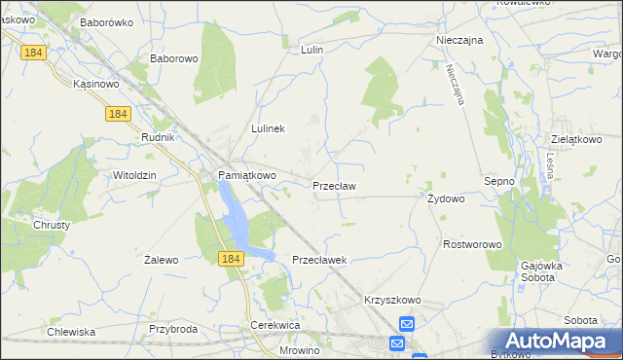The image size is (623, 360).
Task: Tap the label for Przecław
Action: (334, 185)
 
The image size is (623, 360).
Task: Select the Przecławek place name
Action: (320, 260)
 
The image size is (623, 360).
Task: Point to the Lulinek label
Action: (268, 128)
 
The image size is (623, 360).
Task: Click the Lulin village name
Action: (311, 49)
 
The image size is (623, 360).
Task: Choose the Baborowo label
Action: (174, 58)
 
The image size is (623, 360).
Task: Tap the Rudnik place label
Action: (157, 137)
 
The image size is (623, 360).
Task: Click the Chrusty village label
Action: (51, 224)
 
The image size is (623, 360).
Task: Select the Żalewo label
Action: (161, 260)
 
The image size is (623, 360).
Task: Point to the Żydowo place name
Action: (446, 198)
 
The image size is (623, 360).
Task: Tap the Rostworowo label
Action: (471, 244)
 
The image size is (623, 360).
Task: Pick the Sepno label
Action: (498, 181)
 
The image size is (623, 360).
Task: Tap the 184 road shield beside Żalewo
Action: (231, 258)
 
